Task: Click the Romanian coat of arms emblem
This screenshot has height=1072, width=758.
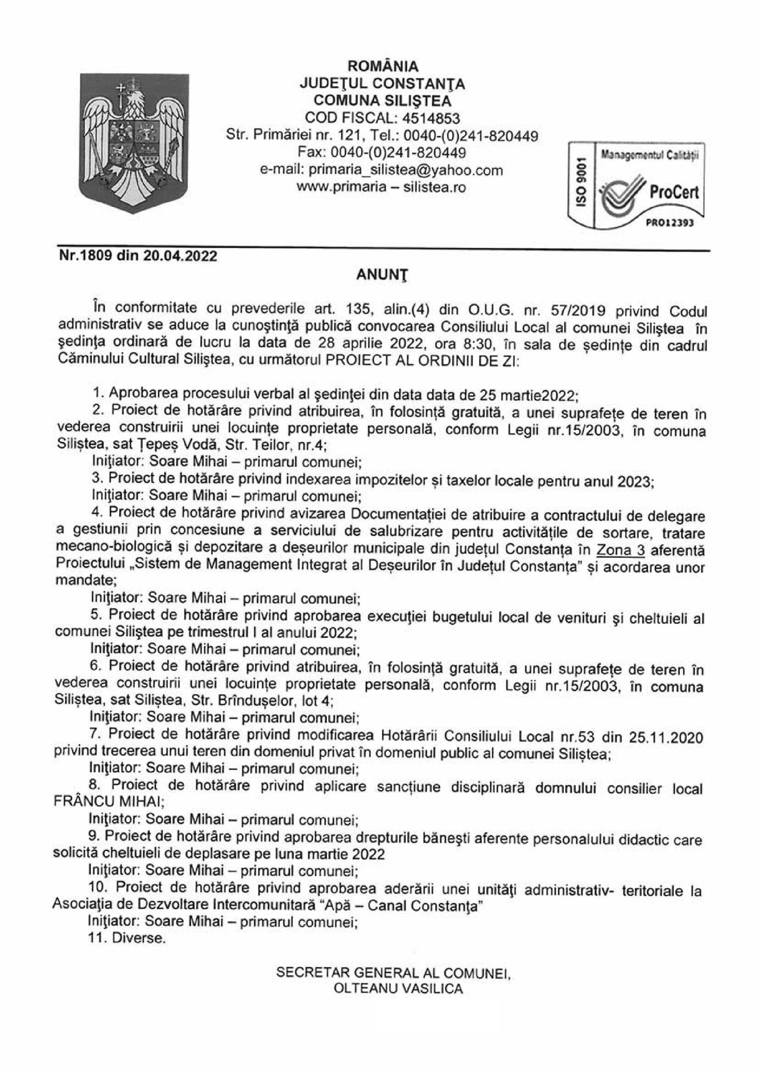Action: coord(134,143)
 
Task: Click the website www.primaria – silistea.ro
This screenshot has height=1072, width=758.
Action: coord(382,187)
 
